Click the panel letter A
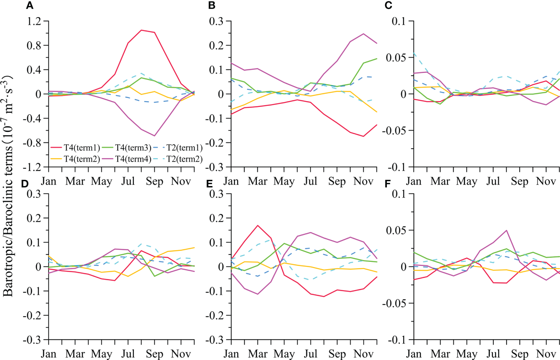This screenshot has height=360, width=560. click(x=30, y=5)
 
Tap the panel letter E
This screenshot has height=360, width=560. click(x=210, y=184)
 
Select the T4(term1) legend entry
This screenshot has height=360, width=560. click(x=75, y=148)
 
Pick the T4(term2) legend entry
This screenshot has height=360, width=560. click(x=75, y=159)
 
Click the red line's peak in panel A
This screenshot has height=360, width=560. click(x=141, y=30)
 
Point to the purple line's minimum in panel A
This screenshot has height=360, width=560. click(x=154, y=136)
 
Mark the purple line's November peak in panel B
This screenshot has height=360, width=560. click(x=363, y=34)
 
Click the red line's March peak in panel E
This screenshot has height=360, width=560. click(x=258, y=225)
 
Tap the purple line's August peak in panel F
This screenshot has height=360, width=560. click(x=507, y=230)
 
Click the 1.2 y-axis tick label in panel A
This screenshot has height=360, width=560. click(x=34, y=21)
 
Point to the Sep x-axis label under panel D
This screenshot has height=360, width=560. click(x=154, y=354)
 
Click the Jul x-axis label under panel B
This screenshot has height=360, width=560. click(x=310, y=181)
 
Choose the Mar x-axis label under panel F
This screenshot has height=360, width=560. click(x=440, y=354)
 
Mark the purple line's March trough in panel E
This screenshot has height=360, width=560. click(x=258, y=294)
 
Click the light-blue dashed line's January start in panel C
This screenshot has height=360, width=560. click(x=414, y=53)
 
